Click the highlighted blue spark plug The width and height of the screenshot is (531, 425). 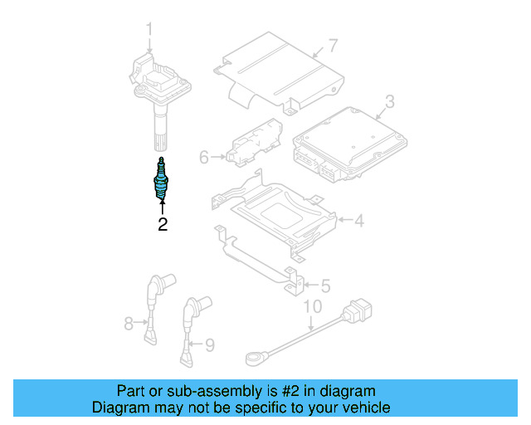coord(161,180)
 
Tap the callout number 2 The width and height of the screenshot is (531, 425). coord(163,224)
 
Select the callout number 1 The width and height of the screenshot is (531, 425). coord(150,30)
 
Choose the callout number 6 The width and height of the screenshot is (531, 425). coord(204,156)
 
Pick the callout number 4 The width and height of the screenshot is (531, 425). coord(358,222)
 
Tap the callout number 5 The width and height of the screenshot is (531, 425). coord(324,286)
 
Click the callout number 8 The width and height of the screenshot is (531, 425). coord(129,323)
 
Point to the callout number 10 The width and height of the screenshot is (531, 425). coord(311,306)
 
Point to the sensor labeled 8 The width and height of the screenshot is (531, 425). coord(152,306)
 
